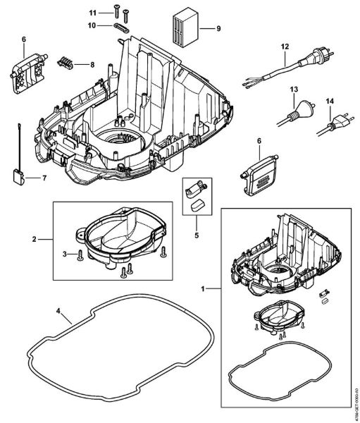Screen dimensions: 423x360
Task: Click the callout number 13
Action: coord(294,90)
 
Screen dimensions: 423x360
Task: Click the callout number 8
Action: coord(92,64)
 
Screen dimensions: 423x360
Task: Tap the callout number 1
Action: coord(204,289)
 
